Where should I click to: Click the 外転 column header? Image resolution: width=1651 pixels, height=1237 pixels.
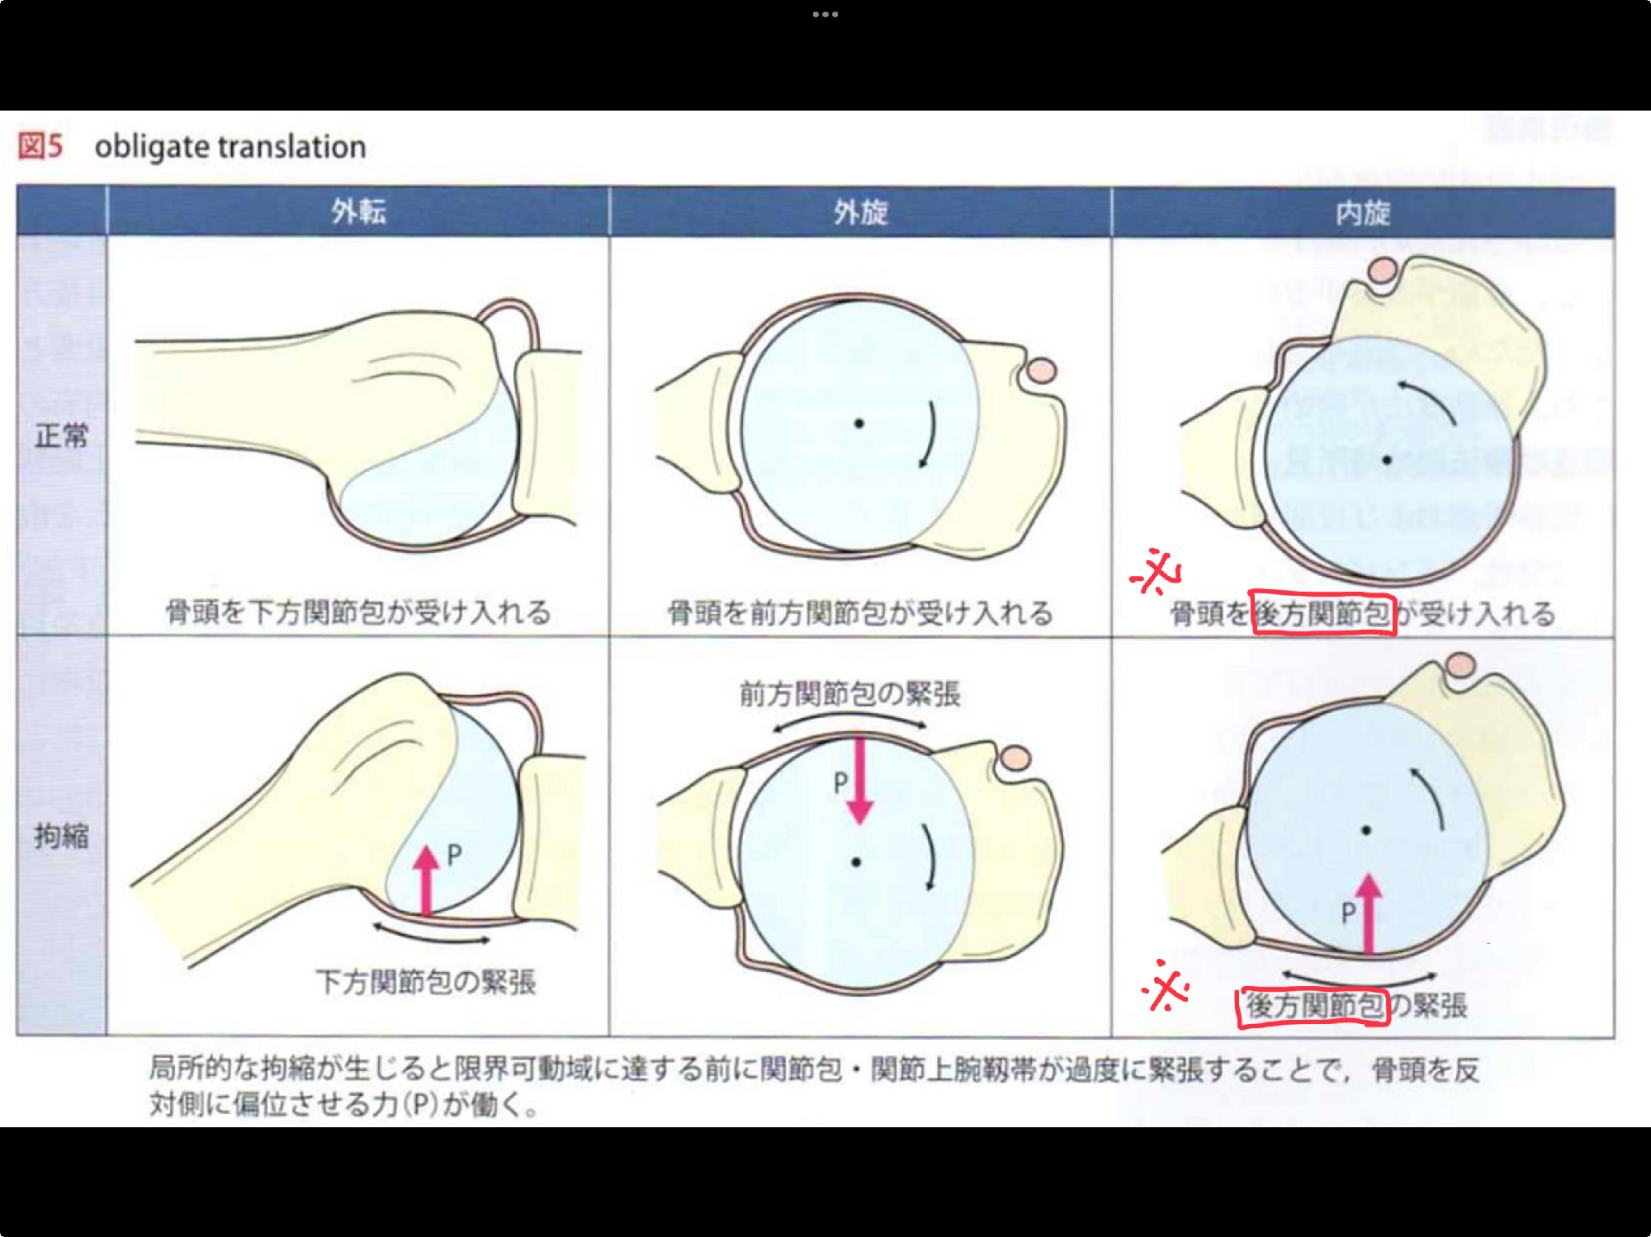358,212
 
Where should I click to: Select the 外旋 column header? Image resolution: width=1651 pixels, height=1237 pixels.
860,213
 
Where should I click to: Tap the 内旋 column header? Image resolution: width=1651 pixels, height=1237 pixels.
1363,213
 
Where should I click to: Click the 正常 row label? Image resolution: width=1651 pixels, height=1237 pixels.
61,435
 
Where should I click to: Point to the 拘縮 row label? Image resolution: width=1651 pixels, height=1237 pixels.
61,836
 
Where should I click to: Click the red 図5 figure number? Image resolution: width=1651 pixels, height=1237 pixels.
40,146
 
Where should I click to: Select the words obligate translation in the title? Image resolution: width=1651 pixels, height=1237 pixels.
230,147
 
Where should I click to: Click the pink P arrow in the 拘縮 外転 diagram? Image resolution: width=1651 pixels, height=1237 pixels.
426,880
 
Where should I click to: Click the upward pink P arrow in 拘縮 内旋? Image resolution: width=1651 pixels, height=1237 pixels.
1369,914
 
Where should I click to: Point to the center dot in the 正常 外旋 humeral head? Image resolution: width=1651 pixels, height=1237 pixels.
859,423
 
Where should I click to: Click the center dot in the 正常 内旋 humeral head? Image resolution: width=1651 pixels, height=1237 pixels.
1387,460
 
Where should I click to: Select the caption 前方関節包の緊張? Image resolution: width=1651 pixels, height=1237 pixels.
850,693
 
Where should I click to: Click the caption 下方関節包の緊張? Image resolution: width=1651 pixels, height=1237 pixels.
426,982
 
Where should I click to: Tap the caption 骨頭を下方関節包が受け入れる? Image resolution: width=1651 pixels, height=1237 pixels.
358,612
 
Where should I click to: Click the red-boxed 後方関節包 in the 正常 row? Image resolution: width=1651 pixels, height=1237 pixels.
1322,613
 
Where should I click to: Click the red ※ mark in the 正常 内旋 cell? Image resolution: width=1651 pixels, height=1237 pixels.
1156,571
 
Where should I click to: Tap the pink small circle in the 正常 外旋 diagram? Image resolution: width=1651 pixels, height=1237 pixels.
1043,371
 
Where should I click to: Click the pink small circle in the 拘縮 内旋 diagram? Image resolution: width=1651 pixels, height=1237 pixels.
1460,665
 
